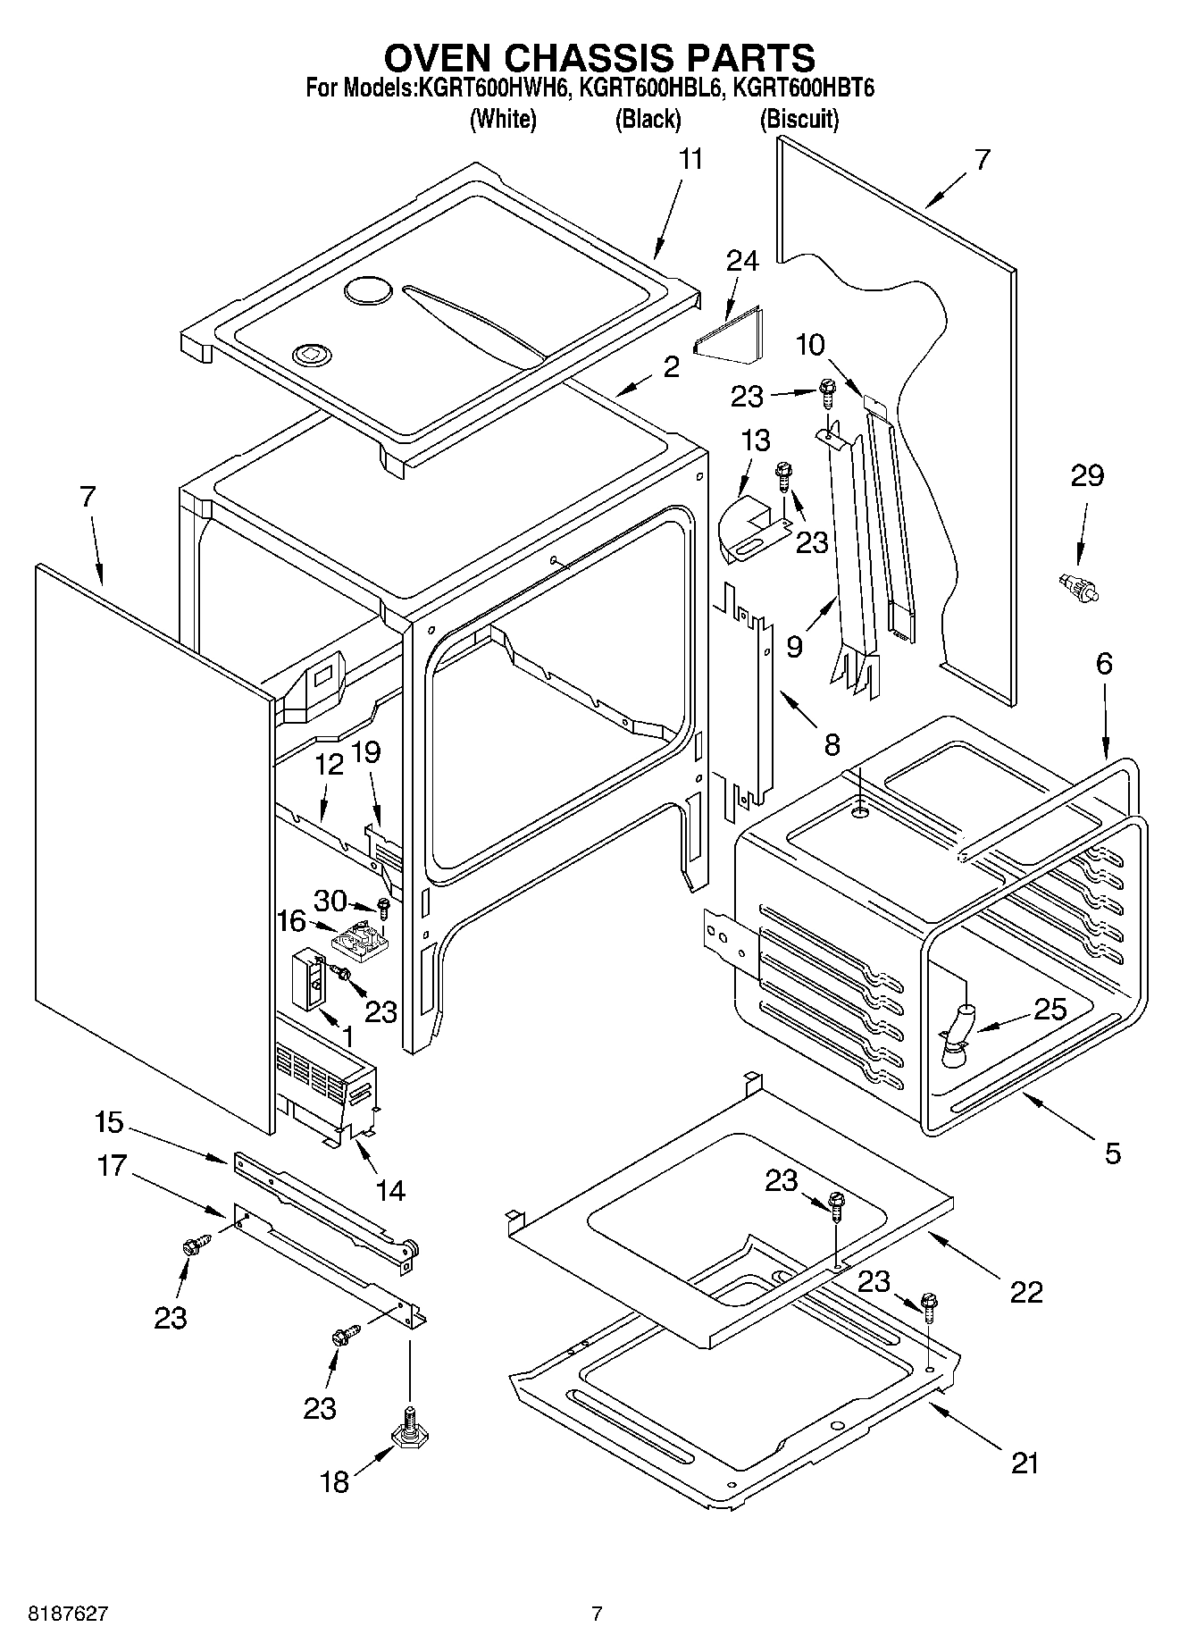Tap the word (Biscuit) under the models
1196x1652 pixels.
(799, 119)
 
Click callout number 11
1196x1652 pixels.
(690, 160)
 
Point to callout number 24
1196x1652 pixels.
(742, 261)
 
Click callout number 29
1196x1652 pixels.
(1087, 475)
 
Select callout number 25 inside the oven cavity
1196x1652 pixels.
(1050, 1009)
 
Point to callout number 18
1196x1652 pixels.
(334, 1482)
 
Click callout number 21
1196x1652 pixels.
(1025, 1463)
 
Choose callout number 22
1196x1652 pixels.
(1025, 1292)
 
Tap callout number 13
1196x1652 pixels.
(756, 440)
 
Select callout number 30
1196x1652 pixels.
(330, 901)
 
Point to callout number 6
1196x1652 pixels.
(1104, 663)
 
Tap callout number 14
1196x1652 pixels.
(390, 1191)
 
